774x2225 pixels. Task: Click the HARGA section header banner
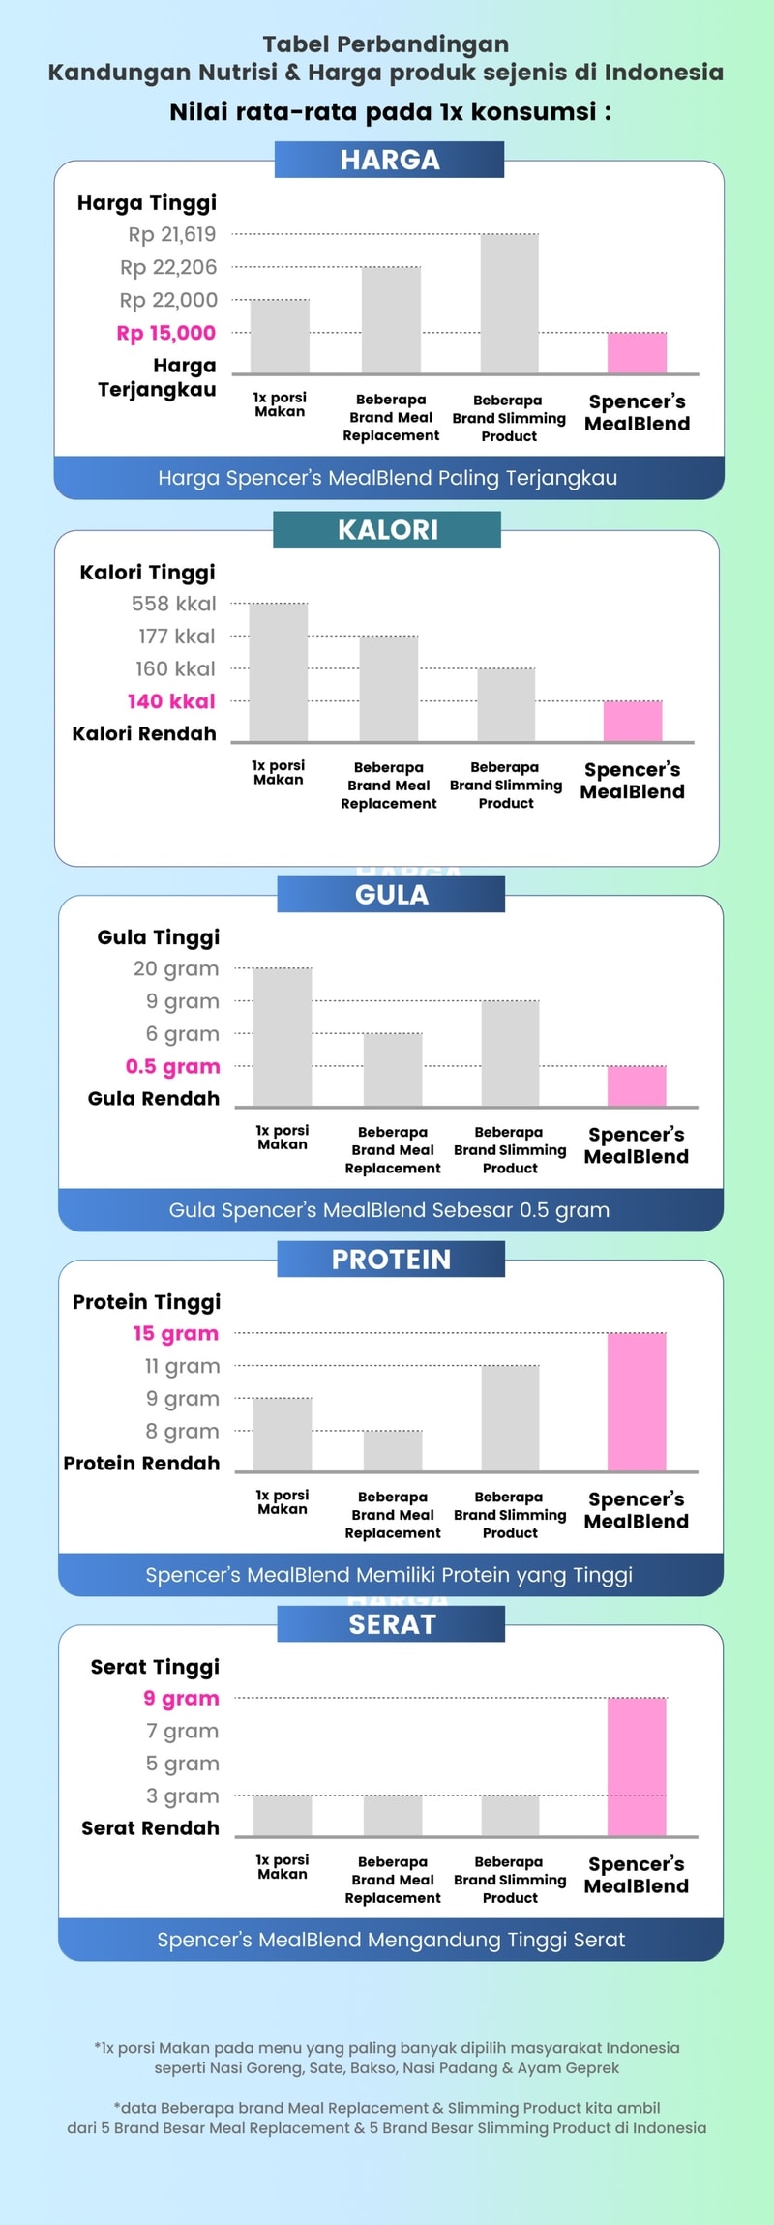(389, 160)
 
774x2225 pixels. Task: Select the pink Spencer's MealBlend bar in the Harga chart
(637, 353)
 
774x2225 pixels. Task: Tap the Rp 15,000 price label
(166, 333)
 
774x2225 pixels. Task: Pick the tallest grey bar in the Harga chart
(509, 304)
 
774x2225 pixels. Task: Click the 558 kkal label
(174, 604)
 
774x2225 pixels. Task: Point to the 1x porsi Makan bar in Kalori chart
(279, 672)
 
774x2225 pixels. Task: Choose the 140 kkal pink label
(171, 701)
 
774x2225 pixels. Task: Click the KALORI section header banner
(387, 529)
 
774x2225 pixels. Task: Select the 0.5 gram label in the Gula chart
(172, 1066)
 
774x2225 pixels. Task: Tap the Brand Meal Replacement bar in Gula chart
(393, 1070)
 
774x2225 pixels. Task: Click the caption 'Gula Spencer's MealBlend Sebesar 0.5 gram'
(389, 1210)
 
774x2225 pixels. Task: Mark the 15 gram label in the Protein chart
(175, 1333)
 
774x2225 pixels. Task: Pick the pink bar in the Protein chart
(637, 1402)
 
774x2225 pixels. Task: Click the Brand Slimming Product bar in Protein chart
(510, 1418)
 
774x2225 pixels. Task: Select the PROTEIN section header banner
(391, 1259)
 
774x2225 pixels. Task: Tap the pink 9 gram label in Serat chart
(181, 1698)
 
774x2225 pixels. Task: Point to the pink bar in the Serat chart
(637, 1766)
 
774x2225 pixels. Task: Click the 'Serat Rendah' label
(150, 1827)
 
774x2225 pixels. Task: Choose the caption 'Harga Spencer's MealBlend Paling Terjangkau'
(387, 478)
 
